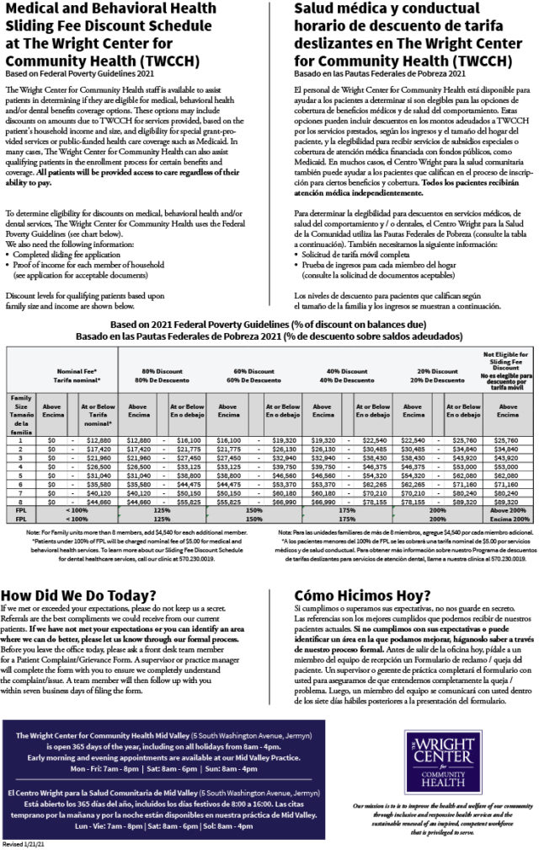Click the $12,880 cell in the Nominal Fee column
coord(99,440)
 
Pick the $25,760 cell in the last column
coord(504,440)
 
